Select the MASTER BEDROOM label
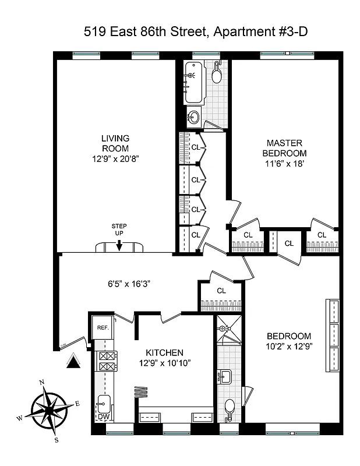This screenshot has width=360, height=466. pyautogui.click(x=284, y=147)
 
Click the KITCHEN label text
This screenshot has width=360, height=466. pyautogui.click(x=165, y=353)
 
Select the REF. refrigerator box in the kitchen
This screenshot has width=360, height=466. pyautogui.click(x=103, y=328)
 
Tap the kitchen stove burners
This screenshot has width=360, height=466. pyautogui.click(x=108, y=362)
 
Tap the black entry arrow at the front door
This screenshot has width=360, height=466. pyautogui.click(x=73, y=362)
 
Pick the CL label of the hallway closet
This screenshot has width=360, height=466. pyautogui.click(x=221, y=291)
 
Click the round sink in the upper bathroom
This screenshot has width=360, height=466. pyautogui.click(x=193, y=116)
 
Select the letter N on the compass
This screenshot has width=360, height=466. pyautogui.click(x=42, y=383)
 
